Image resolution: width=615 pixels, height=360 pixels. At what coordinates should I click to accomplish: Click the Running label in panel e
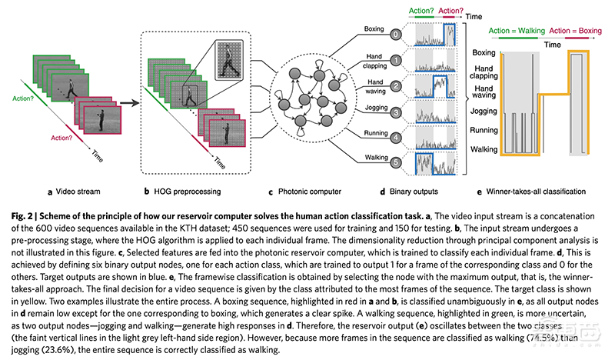(x=484, y=131)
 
